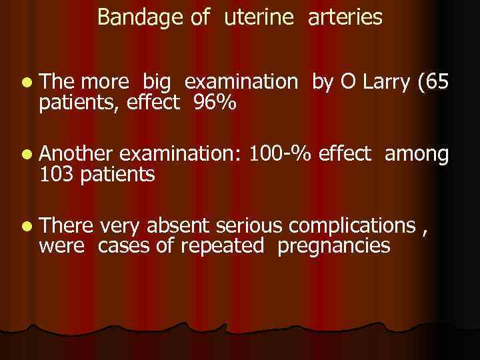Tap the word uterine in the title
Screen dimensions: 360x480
(259, 18)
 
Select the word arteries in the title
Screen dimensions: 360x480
(345, 18)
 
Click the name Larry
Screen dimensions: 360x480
(385, 82)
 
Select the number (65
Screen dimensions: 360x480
(434, 82)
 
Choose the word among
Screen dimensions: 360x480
(417, 155)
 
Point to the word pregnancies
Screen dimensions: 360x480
(333, 247)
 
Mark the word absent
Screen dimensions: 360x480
(177, 226)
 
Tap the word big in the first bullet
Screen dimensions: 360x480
(157, 83)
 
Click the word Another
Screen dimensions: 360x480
(78, 154)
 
